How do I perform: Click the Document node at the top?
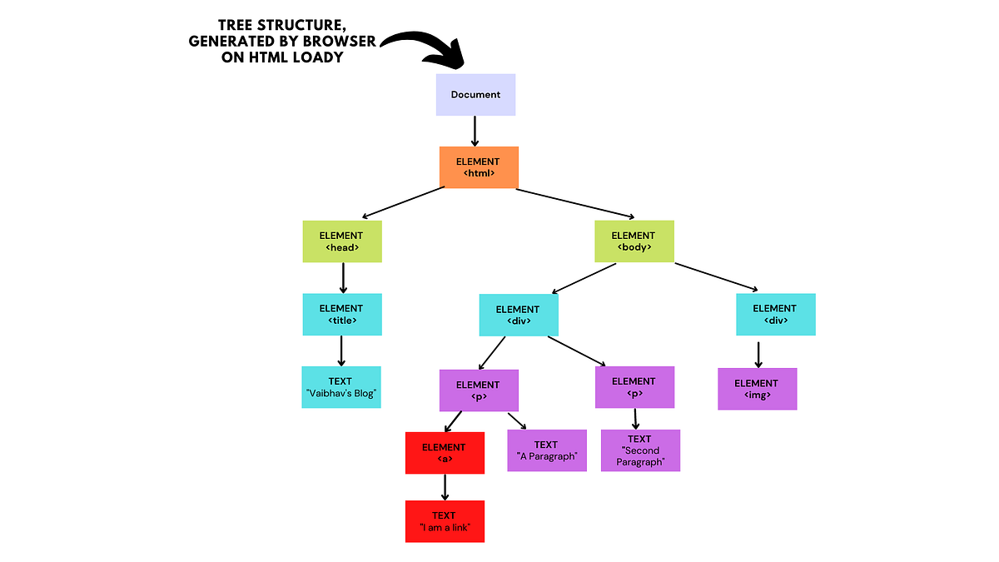[475, 94]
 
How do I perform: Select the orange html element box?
[479, 167]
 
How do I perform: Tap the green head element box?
[341, 241]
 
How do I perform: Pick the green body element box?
[634, 241]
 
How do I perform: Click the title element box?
[341, 314]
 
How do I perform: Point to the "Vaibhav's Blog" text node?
[341, 387]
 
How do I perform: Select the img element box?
[757, 389]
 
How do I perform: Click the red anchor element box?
[445, 453]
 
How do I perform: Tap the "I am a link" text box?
[445, 521]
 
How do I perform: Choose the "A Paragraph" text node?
[546, 450]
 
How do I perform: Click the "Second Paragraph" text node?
[640, 450]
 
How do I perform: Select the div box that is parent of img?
[775, 314]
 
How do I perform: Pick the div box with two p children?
[518, 316]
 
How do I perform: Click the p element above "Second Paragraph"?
[634, 387]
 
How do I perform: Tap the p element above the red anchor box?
[479, 390]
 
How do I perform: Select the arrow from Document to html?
[475, 131]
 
